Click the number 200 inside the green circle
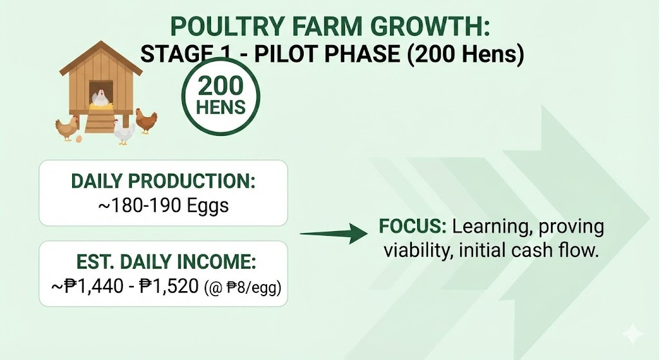[x=221, y=86]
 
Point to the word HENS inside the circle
[x=221, y=108]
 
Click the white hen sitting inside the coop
[x=100, y=98]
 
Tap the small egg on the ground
[x=79, y=138]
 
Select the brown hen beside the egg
[x=67, y=128]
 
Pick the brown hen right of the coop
[x=146, y=121]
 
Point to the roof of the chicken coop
[x=101, y=58]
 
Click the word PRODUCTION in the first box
[x=192, y=181]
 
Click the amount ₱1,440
[x=94, y=287]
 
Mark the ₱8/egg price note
[x=243, y=288]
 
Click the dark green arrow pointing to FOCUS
[x=334, y=233]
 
